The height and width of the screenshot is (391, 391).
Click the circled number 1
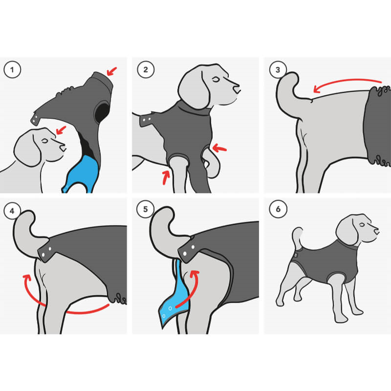(x=12, y=69)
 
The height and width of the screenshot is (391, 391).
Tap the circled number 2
(x=146, y=69)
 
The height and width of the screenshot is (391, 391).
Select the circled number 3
(x=278, y=69)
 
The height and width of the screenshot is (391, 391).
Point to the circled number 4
(x=12, y=211)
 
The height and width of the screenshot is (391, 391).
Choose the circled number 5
(x=145, y=209)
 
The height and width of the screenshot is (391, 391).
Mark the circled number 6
(x=278, y=209)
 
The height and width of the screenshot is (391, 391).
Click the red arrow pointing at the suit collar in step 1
(x=112, y=71)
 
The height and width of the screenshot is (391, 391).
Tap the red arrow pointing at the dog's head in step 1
(x=61, y=130)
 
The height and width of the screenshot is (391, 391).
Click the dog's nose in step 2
(x=236, y=88)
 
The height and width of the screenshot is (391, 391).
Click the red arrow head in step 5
(x=195, y=274)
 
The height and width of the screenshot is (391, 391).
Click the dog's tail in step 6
(x=297, y=237)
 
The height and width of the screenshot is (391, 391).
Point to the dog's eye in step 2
(x=216, y=80)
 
